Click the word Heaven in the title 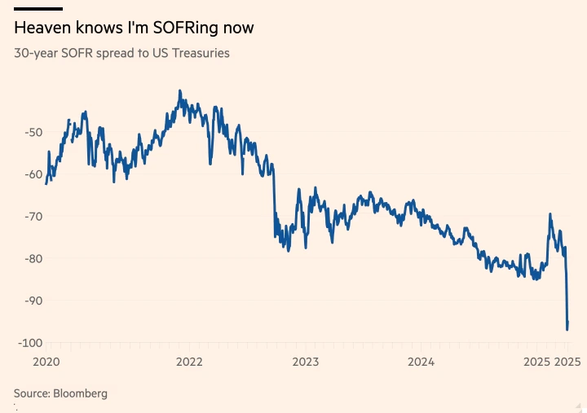click(42, 28)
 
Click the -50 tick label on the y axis click(34, 132)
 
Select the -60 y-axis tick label click(34, 174)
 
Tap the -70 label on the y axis click(34, 217)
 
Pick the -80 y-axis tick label click(34, 259)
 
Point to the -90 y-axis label click(34, 301)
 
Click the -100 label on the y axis click(31, 343)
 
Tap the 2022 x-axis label click(189, 361)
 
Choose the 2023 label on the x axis click(306, 361)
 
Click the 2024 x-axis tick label click(421, 361)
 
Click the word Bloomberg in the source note click(80, 393)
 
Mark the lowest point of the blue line click(567, 329)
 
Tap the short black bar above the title click(38, 8)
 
